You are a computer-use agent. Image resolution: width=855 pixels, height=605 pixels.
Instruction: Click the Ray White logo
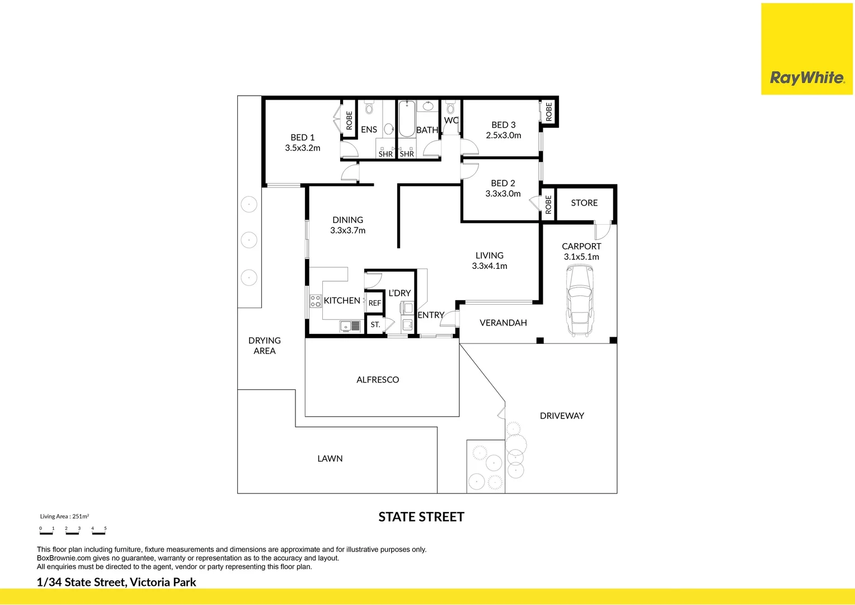[x=807, y=49]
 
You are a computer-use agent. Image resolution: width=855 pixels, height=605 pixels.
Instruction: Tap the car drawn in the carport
[x=580, y=301]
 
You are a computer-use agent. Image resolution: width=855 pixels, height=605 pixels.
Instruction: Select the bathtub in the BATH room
[x=406, y=118]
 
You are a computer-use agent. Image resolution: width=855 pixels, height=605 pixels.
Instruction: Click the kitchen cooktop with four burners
[x=316, y=301]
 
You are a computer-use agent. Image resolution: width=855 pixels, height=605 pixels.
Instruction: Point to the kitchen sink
[x=350, y=326]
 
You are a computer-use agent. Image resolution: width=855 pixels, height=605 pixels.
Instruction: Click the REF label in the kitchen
[x=375, y=303]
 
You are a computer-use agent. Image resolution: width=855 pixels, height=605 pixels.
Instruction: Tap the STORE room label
[x=584, y=203]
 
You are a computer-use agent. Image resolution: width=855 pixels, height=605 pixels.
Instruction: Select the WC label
[x=451, y=120]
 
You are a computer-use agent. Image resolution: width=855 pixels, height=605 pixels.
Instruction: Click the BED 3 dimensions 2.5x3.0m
[x=503, y=136]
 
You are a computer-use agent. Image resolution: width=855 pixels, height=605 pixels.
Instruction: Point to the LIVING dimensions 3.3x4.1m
[x=490, y=266]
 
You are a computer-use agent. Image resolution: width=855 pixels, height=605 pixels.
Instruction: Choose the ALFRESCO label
[x=378, y=380]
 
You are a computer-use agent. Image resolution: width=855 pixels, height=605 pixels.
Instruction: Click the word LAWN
[x=330, y=459]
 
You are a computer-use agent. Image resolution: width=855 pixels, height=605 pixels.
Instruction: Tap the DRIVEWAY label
[x=562, y=416]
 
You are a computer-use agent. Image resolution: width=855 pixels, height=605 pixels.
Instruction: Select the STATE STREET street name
[x=421, y=517]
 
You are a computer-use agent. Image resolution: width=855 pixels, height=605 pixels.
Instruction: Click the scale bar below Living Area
[x=73, y=531]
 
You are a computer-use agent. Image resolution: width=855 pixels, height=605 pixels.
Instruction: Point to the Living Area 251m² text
[x=64, y=516]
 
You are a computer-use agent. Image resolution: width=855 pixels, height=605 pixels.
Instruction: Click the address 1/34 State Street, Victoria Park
[x=116, y=582]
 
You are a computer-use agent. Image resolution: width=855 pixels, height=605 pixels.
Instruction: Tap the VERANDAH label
[x=503, y=323]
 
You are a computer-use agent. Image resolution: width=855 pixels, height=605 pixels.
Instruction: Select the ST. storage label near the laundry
[x=375, y=325]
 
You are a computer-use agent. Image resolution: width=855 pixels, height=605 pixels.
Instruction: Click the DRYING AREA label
[x=265, y=346]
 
